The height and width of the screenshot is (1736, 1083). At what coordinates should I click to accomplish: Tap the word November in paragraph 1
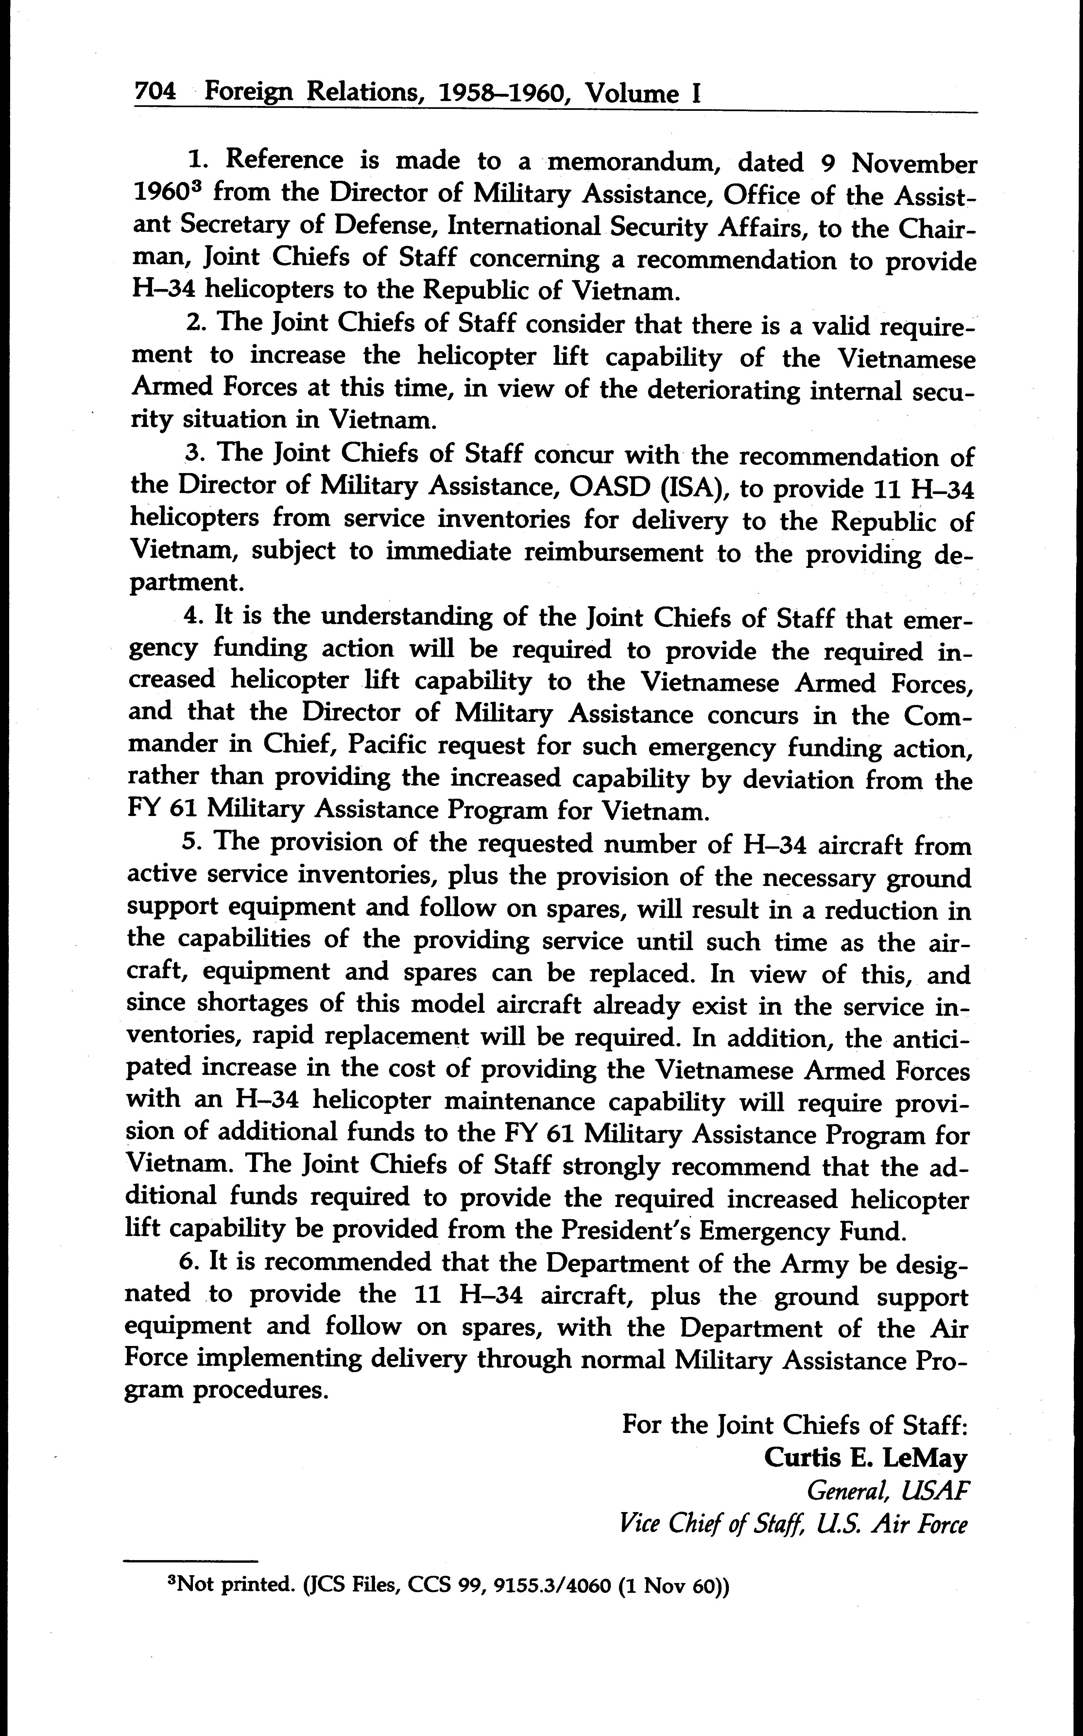coord(913,164)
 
